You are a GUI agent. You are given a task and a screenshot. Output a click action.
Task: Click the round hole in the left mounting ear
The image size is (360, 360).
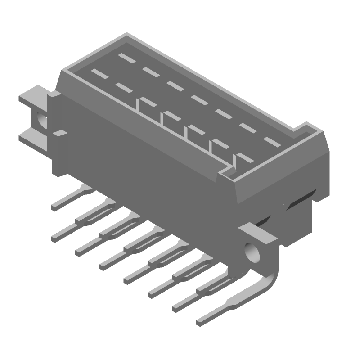[41, 119]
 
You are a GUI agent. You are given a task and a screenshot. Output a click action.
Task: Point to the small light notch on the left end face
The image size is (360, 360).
[58, 133]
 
